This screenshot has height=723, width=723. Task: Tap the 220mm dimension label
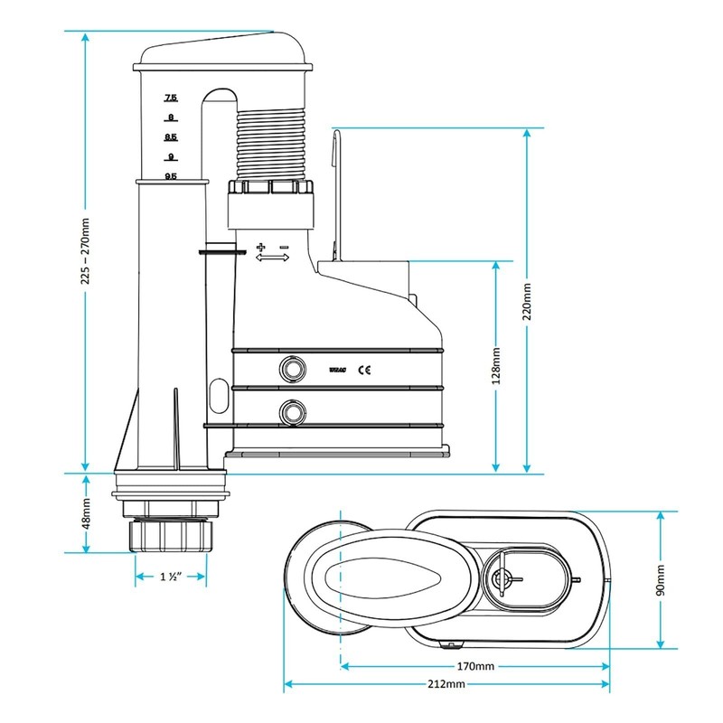click(527, 300)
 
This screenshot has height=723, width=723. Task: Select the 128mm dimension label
click(495, 366)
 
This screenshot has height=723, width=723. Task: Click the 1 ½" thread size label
click(171, 577)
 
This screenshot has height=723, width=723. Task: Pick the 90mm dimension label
click(662, 579)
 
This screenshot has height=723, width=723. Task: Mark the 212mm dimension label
click(448, 685)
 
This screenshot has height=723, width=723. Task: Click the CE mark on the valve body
click(366, 368)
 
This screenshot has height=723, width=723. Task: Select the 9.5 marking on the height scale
click(170, 177)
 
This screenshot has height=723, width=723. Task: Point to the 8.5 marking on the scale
click(170, 137)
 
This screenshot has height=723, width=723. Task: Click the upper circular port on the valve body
click(292, 367)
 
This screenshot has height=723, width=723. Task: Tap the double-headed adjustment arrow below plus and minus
click(273, 258)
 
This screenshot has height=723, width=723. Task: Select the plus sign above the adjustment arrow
click(262, 246)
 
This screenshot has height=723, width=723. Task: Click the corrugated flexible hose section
click(271, 145)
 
